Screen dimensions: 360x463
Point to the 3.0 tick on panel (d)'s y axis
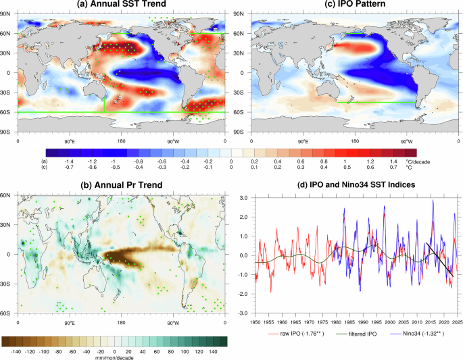[243, 197]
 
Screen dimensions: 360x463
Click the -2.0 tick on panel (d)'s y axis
[241, 313]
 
